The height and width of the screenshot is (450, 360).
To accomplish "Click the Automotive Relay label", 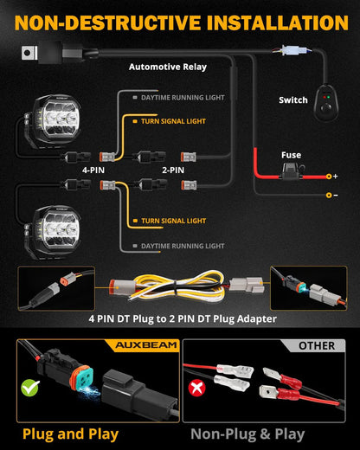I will click(169, 66).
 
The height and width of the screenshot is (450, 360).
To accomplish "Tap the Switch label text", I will click(292, 100).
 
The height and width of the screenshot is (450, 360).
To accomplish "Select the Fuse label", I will click(291, 157).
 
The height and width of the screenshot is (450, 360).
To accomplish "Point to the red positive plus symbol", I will click(335, 176).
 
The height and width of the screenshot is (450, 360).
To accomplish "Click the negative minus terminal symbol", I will click(335, 195).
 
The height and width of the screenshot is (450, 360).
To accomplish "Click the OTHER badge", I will click(316, 345).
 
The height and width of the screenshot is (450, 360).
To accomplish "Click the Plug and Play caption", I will click(71, 434).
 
